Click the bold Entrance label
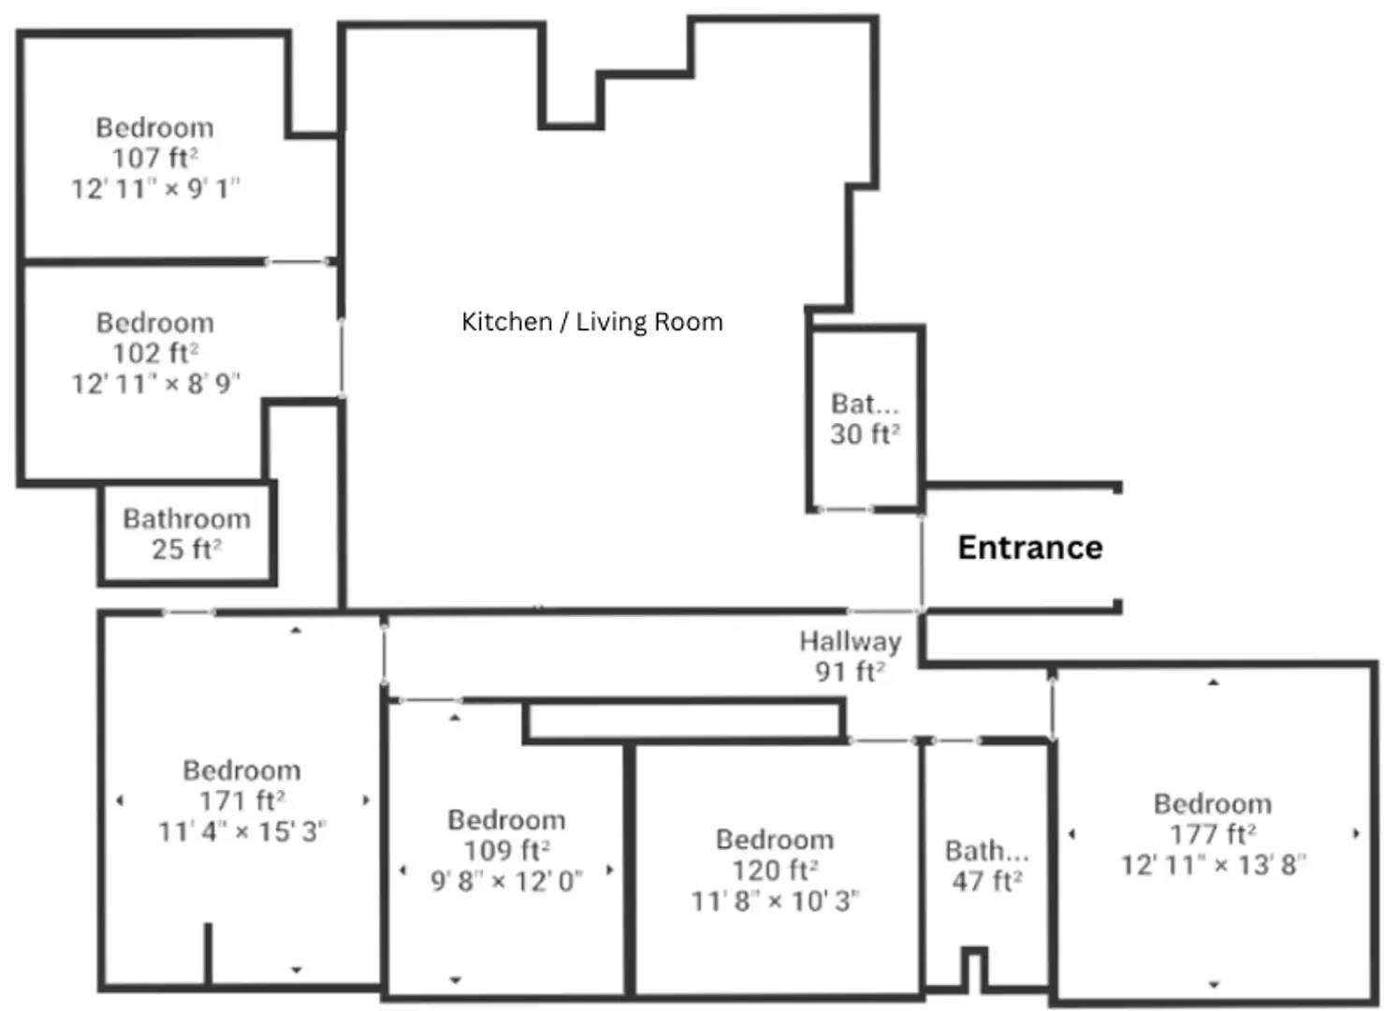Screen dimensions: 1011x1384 pyautogui.click(x=1029, y=548)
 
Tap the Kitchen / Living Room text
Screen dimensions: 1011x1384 pyautogui.click(x=591, y=322)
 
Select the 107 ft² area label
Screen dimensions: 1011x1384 pyautogui.click(x=154, y=158)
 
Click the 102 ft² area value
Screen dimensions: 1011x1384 pyautogui.click(x=154, y=353)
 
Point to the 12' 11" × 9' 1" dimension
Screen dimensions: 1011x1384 pyautogui.click(x=155, y=189)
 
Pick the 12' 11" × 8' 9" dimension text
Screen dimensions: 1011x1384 pyautogui.click(x=155, y=384)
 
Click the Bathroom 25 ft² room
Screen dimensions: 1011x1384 pyautogui.click(x=186, y=534)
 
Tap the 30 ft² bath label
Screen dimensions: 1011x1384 pyautogui.click(x=864, y=434)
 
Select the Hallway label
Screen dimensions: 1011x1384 pyautogui.click(x=850, y=641)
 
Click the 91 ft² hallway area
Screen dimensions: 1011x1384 pyautogui.click(x=849, y=671)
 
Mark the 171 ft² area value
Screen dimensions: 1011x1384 pyautogui.click(x=241, y=801)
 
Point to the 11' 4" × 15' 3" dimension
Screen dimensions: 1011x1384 pyautogui.click(x=241, y=831)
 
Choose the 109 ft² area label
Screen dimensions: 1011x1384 pyautogui.click(x=506, y=851)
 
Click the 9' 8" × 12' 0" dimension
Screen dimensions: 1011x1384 pyautogui.click(x=506, y=882)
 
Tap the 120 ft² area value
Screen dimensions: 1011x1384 pyautogui.click(x=775, y=871)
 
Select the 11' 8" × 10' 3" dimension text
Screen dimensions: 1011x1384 pyautogui.click(x=775, y=901)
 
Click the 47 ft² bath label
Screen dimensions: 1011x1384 pyautogui.click(x=986, y=882)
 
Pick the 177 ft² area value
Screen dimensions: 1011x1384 pyautogui.click(x=1212, y=834)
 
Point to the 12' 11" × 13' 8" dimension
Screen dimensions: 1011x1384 pyautogui.click(x=1212, y=865)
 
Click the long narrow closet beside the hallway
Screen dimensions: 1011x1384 pyautogui.click(x=684, y=721)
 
